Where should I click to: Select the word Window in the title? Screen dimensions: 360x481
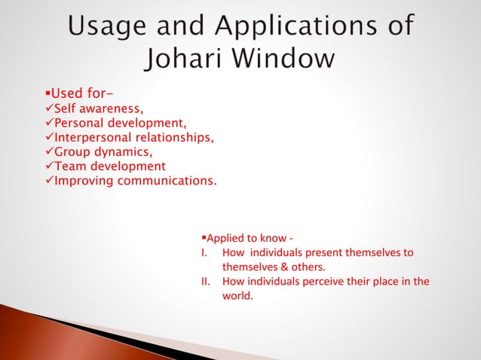tap(291, 59)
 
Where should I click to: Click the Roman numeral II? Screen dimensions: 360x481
tap(205, 282)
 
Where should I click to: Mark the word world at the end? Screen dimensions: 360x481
tap(237, 296)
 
